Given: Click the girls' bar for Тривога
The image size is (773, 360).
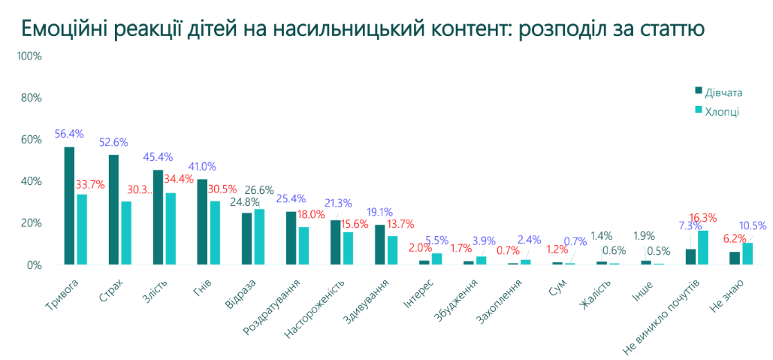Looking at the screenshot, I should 69,205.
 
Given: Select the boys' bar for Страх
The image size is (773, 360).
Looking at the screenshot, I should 126,233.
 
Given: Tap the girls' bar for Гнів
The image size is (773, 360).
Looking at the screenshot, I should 202,222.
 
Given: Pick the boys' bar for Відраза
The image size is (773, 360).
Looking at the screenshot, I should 259,237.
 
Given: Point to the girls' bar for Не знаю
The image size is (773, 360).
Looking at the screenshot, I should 735,258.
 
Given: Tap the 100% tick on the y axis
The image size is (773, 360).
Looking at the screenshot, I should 29,56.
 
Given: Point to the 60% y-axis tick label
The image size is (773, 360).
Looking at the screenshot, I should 31,140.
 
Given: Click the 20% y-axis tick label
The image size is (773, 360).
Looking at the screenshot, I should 31,223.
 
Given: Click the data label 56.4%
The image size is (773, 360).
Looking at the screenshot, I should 68,134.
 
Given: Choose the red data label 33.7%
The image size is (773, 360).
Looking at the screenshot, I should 90,185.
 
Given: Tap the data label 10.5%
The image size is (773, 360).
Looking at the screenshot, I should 753,225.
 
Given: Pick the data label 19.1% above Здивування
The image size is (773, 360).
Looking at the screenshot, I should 378,212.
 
